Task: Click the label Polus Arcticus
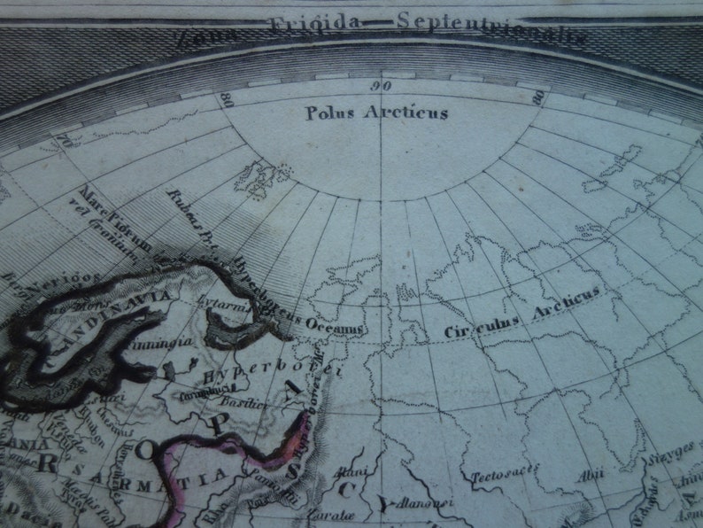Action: tap(376, 113)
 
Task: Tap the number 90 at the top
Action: tap(382, 86)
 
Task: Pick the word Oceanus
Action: tap(335, 327)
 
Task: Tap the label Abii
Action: tap(587, 473)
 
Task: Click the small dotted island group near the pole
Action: tap(261, 180)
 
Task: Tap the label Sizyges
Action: tap(677, 458)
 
